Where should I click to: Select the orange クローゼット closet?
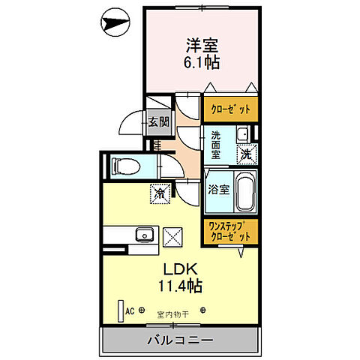tap(231, 108)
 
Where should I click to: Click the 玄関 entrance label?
tap(157, 121)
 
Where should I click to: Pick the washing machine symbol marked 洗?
tap(246, 154)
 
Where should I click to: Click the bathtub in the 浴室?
tap(245, 192)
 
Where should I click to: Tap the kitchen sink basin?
tap(143, 236)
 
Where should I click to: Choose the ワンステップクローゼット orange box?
tap(230, 229)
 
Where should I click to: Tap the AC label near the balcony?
tap(130, 310)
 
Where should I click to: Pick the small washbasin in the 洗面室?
tap(241, 136)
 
